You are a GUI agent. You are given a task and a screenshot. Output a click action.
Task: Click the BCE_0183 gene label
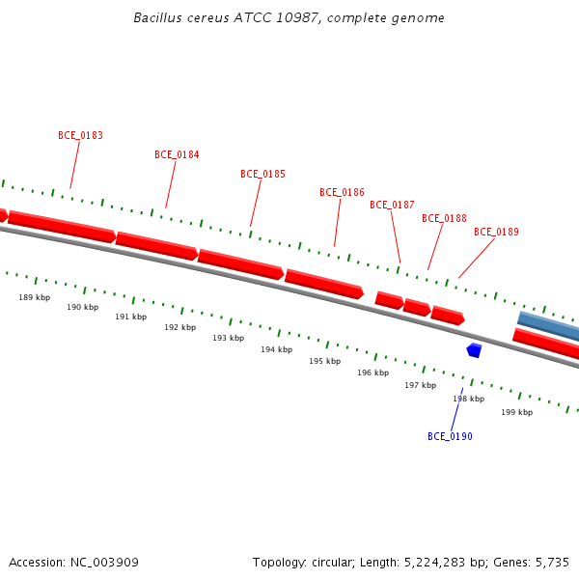tap(80, 135)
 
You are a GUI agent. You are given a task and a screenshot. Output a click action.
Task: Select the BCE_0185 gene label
tap(262, 174)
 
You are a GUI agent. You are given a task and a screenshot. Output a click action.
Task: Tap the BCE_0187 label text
tap(392, 205)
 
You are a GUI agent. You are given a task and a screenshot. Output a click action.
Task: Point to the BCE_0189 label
tap(496, 232)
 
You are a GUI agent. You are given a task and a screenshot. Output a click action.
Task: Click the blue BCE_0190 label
tap(450, 436)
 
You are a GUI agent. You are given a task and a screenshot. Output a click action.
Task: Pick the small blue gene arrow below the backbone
tap(474, 350)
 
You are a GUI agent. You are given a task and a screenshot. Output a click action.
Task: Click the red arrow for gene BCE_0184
tap(156, 246)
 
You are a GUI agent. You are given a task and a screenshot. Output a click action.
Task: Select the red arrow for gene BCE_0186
tap(324, 284)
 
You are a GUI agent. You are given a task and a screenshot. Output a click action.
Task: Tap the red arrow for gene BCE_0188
tap(417, 307)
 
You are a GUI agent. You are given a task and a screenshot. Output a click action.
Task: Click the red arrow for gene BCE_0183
tap(62, 227)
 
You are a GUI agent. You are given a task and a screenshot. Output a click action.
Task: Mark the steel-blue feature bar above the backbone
tap(548, 326)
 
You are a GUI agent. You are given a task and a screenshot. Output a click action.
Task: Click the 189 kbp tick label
tap(35, 297)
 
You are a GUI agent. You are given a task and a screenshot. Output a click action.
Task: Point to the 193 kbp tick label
tap(228, 338)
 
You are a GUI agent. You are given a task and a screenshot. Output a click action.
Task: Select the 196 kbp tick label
tap(372, 372)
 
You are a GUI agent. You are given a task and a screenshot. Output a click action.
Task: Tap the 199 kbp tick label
tap(517, 412)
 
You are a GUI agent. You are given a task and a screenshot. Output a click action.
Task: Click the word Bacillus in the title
tap(157, 17)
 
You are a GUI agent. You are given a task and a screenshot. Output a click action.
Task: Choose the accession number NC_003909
tap(104, 563)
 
